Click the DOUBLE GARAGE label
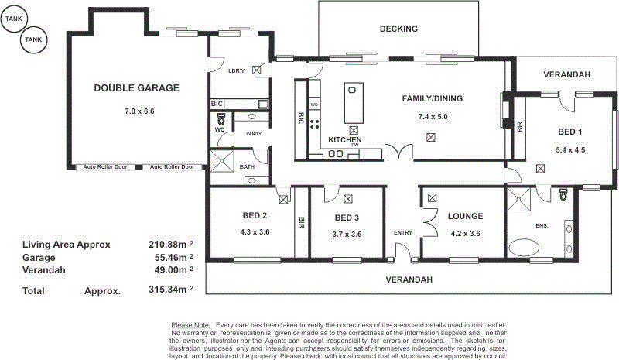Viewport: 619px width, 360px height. [136, 88]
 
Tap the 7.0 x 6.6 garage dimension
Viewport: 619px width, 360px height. [139, 111]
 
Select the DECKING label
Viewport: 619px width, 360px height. [398, 29]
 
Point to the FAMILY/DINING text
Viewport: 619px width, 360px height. [433, 99]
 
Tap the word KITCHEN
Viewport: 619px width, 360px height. [344, 139]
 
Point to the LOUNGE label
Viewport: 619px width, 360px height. [464, 216]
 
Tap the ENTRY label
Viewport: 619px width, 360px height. [403, 233]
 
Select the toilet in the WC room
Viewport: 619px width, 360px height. [221, 120]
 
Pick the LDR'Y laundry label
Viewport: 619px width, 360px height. [237, 70]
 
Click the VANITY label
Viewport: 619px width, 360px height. [253, 134]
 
